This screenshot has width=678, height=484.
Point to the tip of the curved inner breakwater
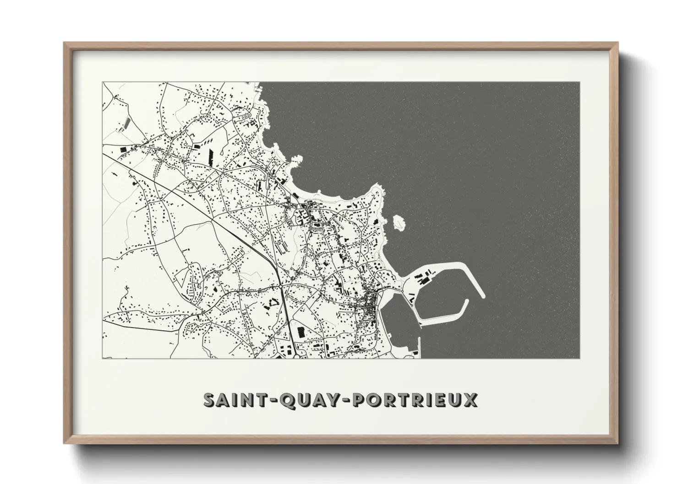(465, 302)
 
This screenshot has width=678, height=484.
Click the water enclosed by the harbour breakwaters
(442, 297)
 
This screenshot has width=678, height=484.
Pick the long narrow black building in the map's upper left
(211, 156)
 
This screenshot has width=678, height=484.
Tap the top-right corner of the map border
(580, 82)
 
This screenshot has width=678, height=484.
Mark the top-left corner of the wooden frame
(64, 43)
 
